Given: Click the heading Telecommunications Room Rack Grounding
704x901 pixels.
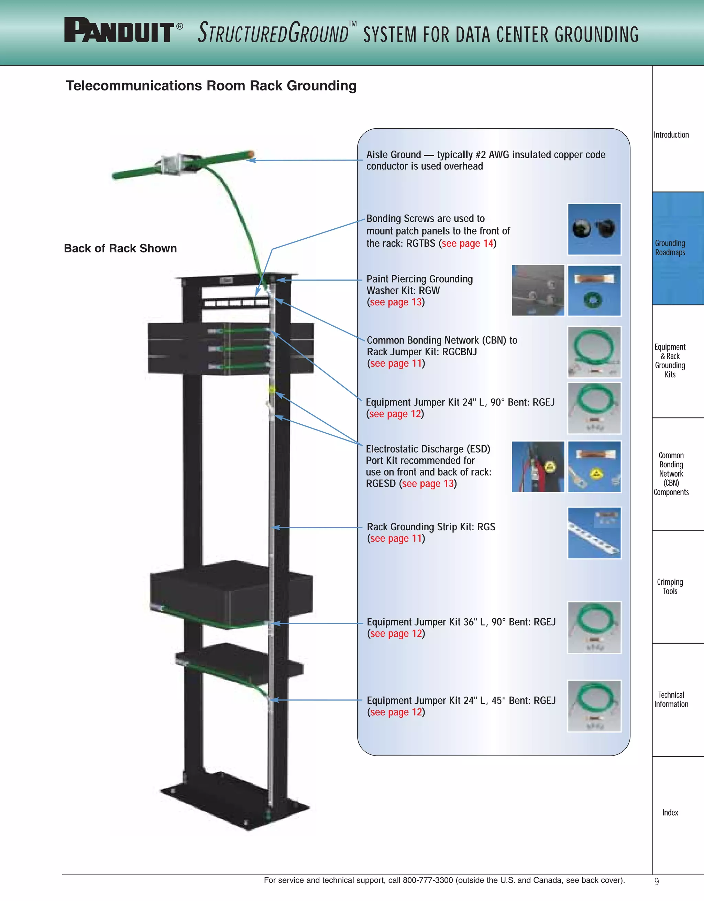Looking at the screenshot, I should (211, 86).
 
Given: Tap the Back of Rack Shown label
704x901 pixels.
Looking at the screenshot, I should (120, 248).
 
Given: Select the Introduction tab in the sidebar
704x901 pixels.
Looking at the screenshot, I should (671, 135).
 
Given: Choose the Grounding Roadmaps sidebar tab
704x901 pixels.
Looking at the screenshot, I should (670, 248).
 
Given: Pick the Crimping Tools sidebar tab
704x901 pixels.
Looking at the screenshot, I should (670, 586).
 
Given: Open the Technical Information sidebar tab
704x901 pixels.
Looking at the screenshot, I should (671, 699).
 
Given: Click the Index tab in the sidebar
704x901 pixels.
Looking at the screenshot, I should (670, 812).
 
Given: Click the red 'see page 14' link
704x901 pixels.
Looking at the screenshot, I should (467, 243).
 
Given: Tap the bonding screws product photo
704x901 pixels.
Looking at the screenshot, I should (594, 229).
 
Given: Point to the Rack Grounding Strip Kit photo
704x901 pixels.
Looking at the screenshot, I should (594, 533).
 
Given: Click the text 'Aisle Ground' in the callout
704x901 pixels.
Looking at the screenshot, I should (394, 155).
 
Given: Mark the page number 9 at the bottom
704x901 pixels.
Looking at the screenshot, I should (657, 881).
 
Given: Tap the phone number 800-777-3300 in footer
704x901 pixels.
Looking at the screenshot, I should (428, 880).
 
